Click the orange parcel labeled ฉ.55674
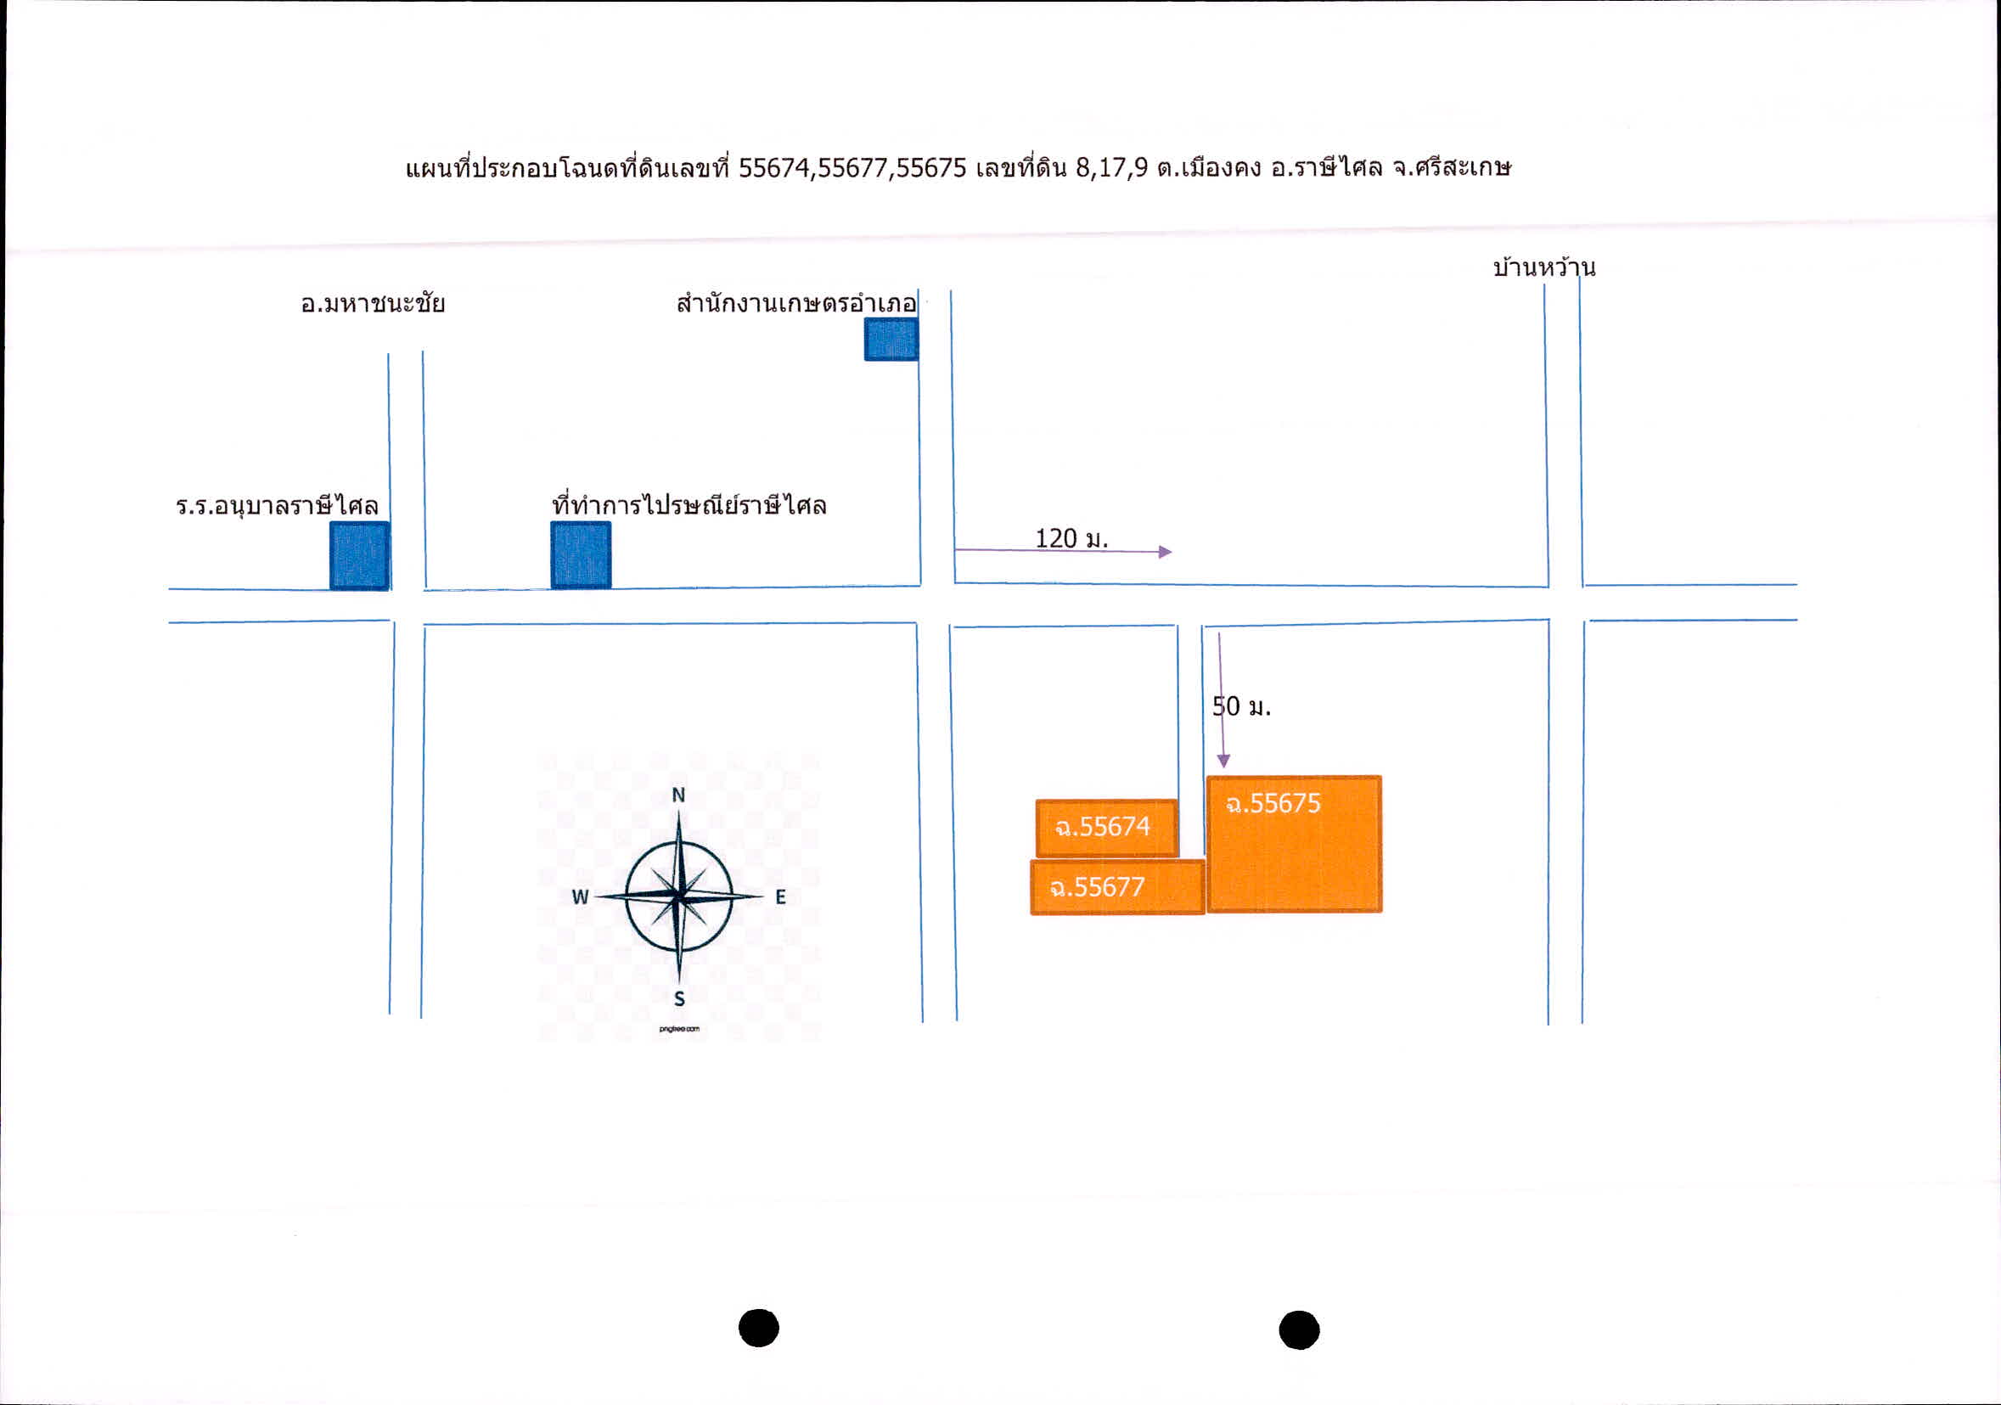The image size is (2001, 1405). pyautogui.click(x=1107, y=827)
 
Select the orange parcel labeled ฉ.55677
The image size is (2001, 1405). pyautogui.click(x=1117, y=887)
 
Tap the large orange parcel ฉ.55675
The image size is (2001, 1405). pyautogui.click(x=1294, y=844)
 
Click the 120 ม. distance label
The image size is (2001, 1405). pyautogui.click(x=1071, y=538)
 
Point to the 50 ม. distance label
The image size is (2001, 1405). pyautogui.click(x=1242, y=706)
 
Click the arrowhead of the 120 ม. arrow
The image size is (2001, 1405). pyautogui.click(x=1166, y=552)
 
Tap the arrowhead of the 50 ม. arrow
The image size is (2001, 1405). pyautogui.click(x=1223, y=762)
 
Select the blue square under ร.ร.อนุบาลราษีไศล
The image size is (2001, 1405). pyautogui.click(x=359, y=556)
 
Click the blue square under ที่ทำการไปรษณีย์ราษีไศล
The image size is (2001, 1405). pyautogui.click(x=581, y=555)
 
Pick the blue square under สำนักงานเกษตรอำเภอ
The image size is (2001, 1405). pyautogui.click(x=891, y=339)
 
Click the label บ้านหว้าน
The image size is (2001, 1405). pyautogui.click(x=1544, y=267)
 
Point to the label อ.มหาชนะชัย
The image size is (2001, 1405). pyautogui.click(x=373, y=303)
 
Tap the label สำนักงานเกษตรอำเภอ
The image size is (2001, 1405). pyautogui.click(x=796, y=302)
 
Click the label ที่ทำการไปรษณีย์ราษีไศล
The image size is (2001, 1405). pyautogui.click(x=689, y=503)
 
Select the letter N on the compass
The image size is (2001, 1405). pyautogui.click(x=679, y=795)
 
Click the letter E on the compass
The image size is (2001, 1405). pyautogui.click(x=781, y=896)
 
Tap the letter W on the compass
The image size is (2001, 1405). pyautogui.click(x=581, y=896)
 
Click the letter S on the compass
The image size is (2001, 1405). pyautogui.click(x=680, y=1000)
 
